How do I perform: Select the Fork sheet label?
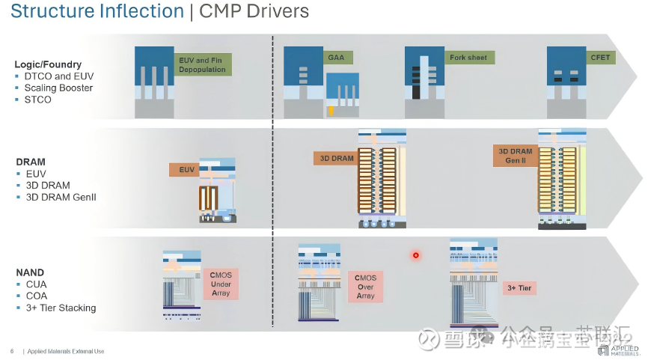[x=468, y=58]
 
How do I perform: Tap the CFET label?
[x=600, y=58]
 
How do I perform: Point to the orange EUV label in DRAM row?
[x=187, y=170]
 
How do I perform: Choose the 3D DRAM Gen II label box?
[x=515, y=156]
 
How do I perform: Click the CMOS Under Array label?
[x=221, y=284]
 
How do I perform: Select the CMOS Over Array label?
[x=365, y=285]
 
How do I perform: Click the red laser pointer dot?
[x=416, y=255]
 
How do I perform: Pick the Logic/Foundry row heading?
[x=48, y=64]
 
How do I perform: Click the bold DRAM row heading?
[x=31, y=162]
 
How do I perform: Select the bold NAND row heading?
[x=30, y=272]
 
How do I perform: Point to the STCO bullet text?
[x=37, y=100]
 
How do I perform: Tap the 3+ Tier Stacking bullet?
[x=61, y=308]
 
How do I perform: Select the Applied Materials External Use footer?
[x=66, y=351]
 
